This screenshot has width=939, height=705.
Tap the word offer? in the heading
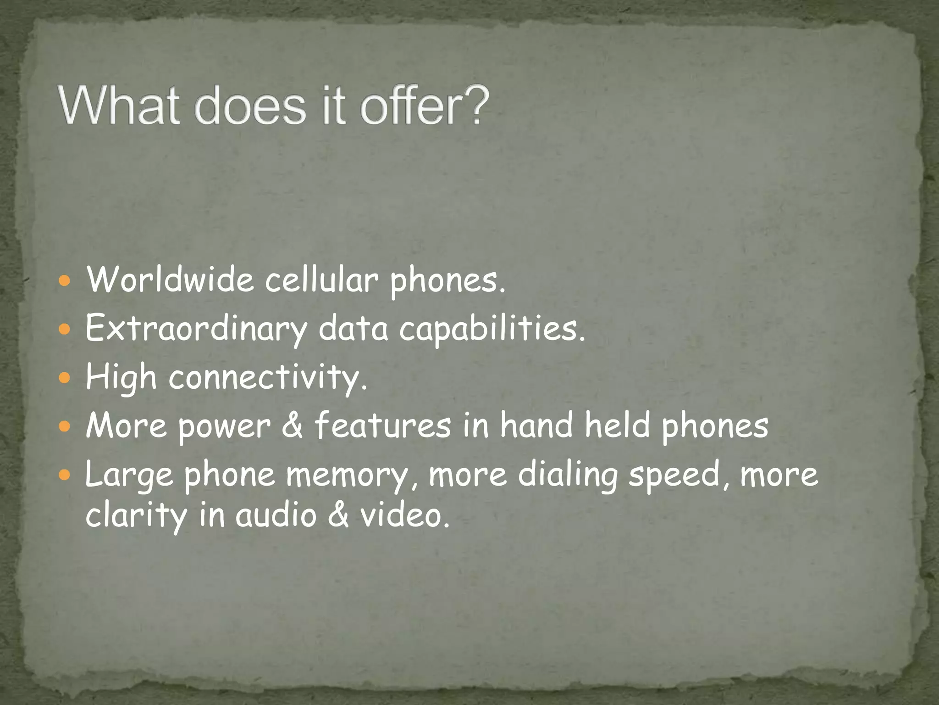click(x=425, y=106)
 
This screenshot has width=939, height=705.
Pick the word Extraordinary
click(x=196, y=329)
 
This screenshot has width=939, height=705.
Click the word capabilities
click(x=492, y=329)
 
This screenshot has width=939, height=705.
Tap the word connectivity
click(x=268, y=377)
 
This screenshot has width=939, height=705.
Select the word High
click(x=121, y=377)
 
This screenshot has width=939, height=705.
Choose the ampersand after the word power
click(x=292, y=425)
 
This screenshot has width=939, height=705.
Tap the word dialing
click(x=568, y=475)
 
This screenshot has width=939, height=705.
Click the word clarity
click(x=136, y=515)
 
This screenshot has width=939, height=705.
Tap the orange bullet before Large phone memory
click(x=65, y=475)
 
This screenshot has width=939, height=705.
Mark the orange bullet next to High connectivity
click(x=65, y=378)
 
